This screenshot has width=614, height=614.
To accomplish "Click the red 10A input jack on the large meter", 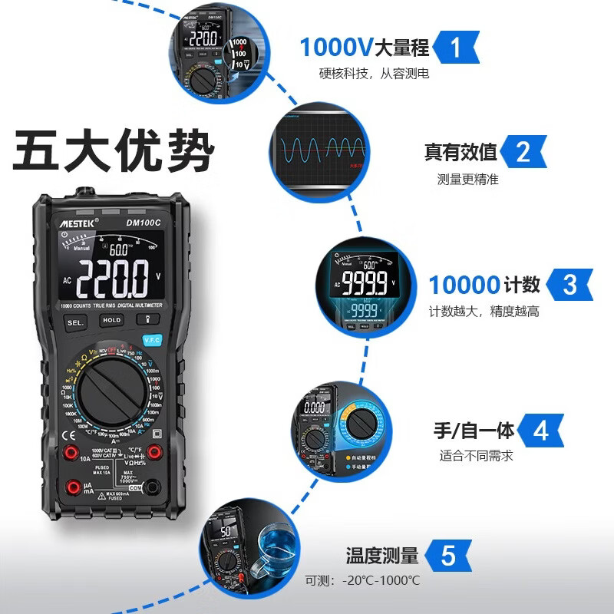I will (72, 451).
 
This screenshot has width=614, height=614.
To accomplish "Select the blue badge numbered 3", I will (569, 285).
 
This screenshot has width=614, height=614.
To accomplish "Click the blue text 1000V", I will (335, 48).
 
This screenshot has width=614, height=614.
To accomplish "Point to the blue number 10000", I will (464, 286).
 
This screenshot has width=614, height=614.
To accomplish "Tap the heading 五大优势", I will (113, 152).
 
